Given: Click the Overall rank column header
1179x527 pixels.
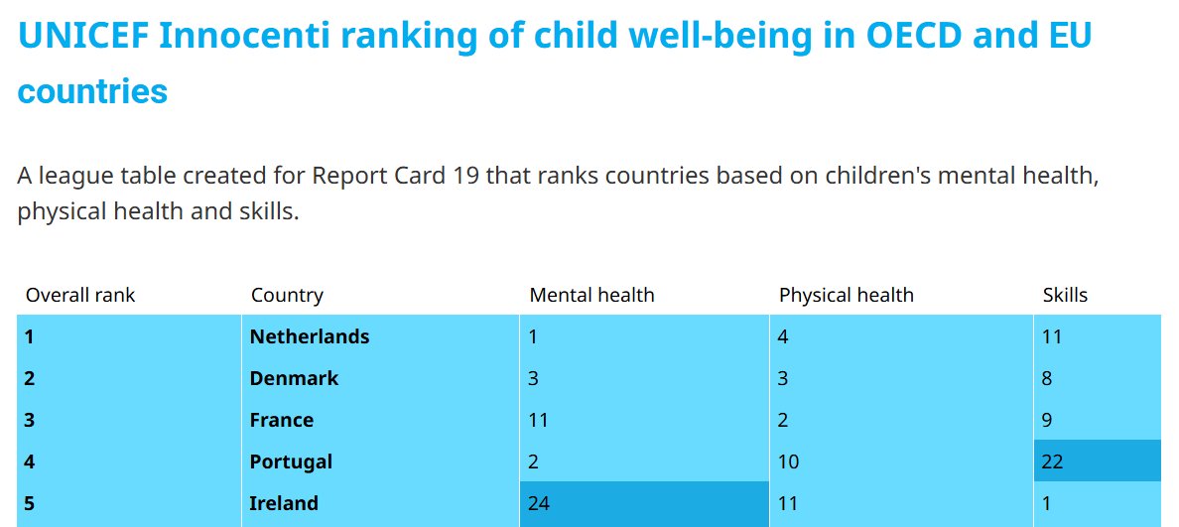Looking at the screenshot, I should pyautogui.click(x=80, y=295).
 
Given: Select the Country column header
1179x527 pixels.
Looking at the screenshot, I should pyautogui.click(x=287, y=295).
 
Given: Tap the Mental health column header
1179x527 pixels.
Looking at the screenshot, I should pyautogui.click(x=591, y=295).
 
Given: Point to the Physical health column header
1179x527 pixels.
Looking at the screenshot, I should pyautogui.click(x=846, y=295).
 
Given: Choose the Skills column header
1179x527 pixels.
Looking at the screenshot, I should pyautogui.click(x=1065, y=295).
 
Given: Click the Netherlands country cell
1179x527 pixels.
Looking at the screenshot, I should pyautogui.click(x=309, y=336).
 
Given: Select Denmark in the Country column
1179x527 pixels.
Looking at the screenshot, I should pyautogui.click(x=294, y=378).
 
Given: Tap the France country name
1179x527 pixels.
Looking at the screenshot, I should pyautogui.click(x=281, y=420).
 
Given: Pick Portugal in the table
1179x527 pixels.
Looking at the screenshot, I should pyautogui.click(x=291, y=461).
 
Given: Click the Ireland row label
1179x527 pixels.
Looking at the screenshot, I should pyautogui.click(x=284, y=503).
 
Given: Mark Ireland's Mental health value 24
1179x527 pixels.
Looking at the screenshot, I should pyautogui.click(x=539, y=503).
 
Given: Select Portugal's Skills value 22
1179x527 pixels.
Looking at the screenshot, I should pyautogui.click(x=1052, y=461).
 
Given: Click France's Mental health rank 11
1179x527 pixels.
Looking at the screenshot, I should pyautogui.click(x=538, y=420).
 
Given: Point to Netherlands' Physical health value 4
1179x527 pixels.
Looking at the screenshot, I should pyautogui.click(x=783, y=336).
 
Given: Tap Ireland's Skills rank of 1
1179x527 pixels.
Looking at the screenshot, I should pyautogui.click(x=1047, y=503).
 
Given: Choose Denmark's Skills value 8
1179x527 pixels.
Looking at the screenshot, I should pyautogui.click(x=1047, y=378).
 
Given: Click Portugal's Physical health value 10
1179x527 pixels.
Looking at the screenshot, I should pyautogui.click(x=789, y=461).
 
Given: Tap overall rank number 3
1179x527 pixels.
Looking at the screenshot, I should pyautogui.click(x=30, y=420).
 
